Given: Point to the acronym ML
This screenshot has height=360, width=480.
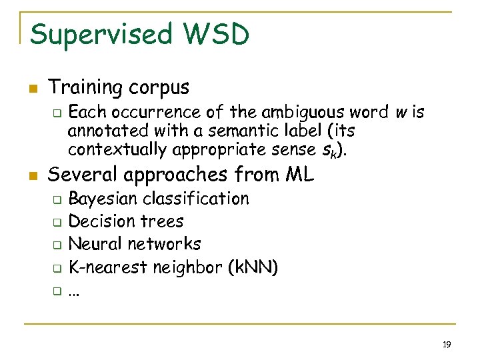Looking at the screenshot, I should click(299, 175).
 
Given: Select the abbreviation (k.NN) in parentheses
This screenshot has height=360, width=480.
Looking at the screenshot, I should click(253, 267).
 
